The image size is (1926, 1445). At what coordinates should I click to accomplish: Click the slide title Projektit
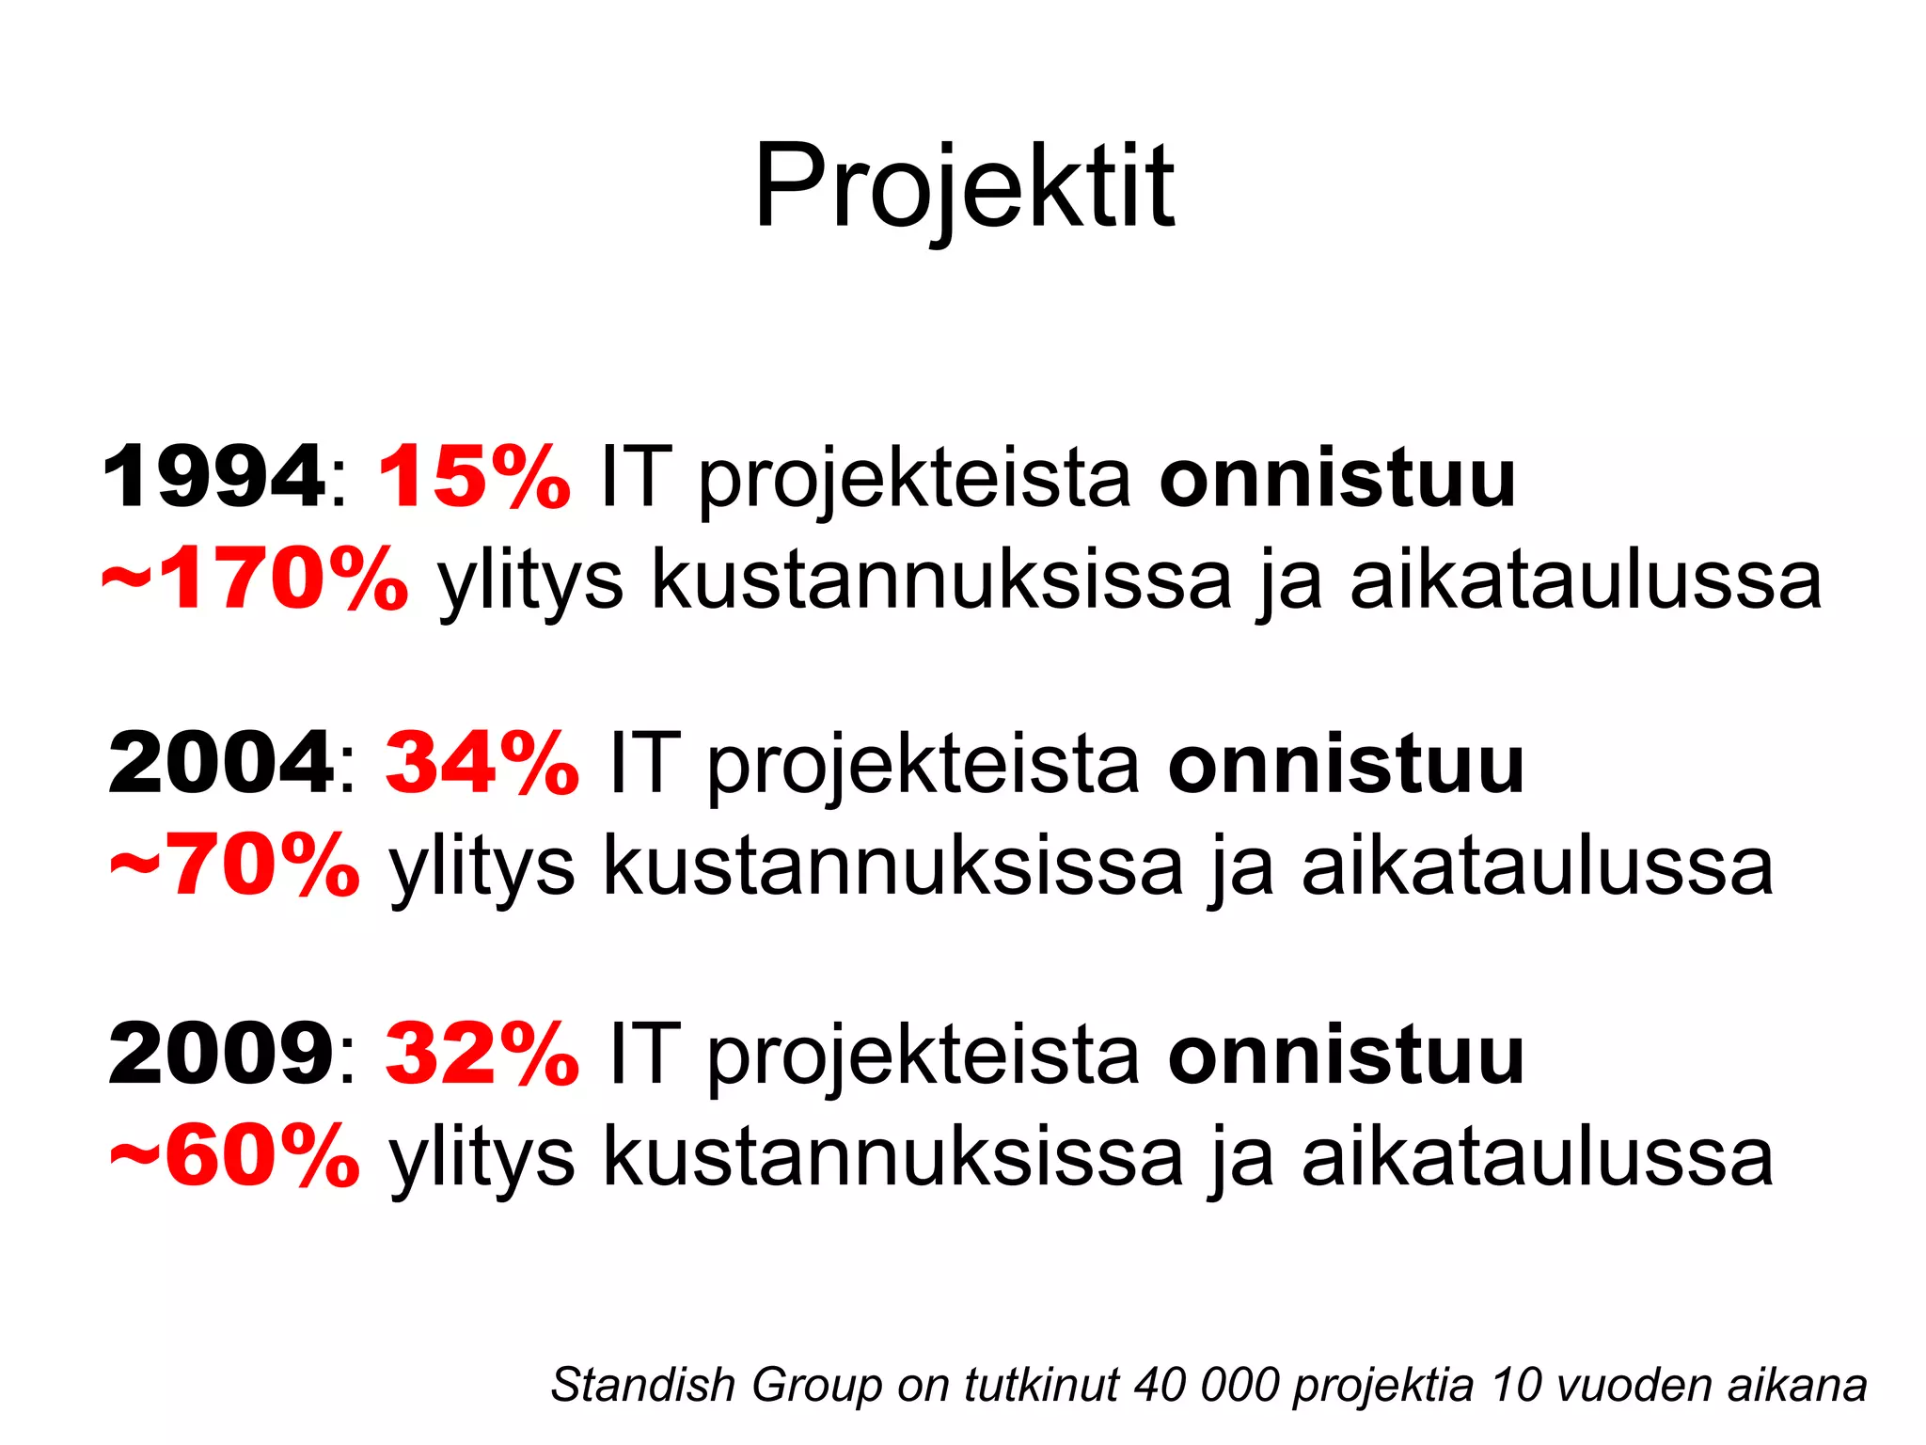coord(963,186)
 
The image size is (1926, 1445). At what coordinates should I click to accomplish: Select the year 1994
coord(213,478)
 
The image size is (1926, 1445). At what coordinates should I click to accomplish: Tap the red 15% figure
coord(474,478)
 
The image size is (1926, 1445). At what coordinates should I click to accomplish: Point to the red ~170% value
coord(255,580)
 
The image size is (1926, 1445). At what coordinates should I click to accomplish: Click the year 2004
coord(220,764)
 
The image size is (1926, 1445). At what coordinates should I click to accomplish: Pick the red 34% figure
coord(481,764)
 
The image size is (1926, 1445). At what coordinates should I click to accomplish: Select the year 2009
coord(220,1055)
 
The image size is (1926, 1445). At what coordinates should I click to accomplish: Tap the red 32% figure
coord(481,1055)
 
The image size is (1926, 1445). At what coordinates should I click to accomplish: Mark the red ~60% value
coord(234,1156)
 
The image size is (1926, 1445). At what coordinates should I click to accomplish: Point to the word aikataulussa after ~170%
coord(1586,580)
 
